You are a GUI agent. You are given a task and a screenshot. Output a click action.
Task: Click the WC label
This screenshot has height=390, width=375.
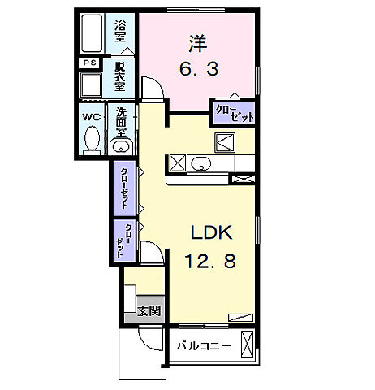[90, 116]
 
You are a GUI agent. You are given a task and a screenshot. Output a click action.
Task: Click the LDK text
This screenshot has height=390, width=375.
[212, 232]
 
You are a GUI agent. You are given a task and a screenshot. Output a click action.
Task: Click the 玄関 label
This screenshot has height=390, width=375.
[147, 310]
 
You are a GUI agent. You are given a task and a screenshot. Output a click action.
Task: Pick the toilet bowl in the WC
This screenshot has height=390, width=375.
[91, 141]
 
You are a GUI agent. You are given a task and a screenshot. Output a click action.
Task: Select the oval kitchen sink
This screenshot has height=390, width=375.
[200, 165]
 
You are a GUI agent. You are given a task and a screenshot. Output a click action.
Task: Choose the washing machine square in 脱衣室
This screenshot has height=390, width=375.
[91, 84]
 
